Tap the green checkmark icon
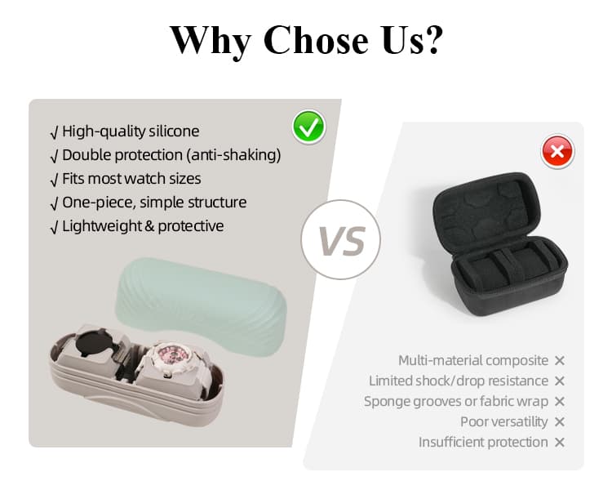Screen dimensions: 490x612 pos(308,127)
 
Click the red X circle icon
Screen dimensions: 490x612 pos(558,151)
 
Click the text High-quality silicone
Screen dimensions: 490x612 pos(131,131)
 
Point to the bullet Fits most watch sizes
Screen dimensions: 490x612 pos(131,178)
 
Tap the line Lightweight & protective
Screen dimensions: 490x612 pos(143,225)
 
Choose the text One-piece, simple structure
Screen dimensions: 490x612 pos(154,202)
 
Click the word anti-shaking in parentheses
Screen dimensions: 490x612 pos(236,154)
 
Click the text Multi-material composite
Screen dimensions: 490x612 pos(473,360)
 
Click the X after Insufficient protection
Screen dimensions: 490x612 pos(560,442)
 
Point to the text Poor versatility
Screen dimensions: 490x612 pos(503,421)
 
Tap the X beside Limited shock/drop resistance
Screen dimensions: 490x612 pos(560,381)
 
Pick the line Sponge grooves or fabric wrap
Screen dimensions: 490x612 pos(454,401)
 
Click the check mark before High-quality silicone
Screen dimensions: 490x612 pos(54,131)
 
